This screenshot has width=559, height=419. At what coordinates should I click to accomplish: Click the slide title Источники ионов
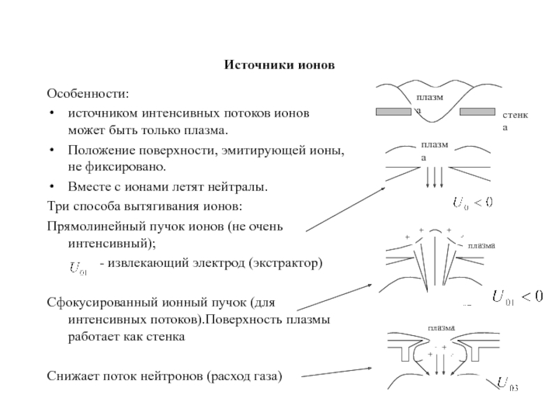(x=279, y=65)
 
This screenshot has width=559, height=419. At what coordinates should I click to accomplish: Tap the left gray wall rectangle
(x=393, y=112)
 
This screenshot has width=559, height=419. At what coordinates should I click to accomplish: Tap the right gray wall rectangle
(x=477, y=112)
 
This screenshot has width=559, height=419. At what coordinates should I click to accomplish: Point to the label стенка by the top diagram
(x=515, y=121)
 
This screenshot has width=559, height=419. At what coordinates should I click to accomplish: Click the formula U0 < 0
(x=473, y=203)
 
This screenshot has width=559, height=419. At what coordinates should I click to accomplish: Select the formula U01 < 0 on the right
(x=518, y=297)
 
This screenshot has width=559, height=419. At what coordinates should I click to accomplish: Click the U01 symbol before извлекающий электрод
(x=79, y=268)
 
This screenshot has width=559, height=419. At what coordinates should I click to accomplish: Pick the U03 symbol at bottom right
(x=507, y=385)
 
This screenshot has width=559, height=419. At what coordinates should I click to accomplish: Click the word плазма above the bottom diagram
(x=442, y=328)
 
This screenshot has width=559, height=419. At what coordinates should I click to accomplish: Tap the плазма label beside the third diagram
(x=481, y=246)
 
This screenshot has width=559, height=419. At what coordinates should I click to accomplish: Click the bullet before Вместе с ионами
(x=52, y=186)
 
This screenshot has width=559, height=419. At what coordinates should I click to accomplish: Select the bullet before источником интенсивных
(x=52, y=113)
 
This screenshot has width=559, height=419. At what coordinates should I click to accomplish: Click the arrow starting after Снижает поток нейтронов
(x=337, y=372)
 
